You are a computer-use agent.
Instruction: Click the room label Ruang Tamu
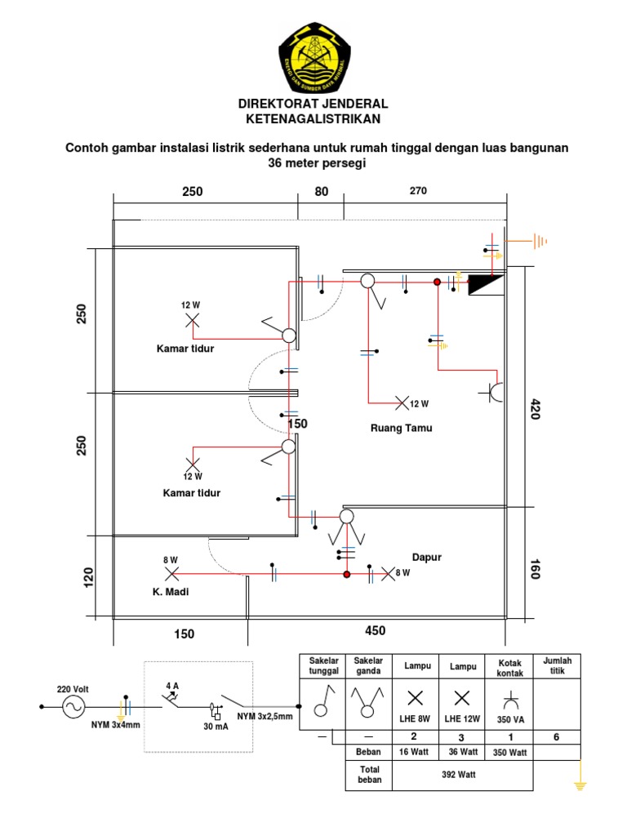tap(401, 428)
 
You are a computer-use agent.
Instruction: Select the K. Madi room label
tap(170, 592)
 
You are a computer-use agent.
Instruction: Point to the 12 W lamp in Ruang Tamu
tap(402, 402)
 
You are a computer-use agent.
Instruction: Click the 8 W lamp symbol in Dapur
tap(388, 574)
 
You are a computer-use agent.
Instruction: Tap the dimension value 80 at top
tap(321, 192)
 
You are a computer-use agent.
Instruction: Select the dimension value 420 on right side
tap(536, 409)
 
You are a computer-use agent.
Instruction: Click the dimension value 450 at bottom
tap(376, 630)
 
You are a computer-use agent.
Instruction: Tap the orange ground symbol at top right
tap(537, 241)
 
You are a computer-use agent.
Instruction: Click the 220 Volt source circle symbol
tap(73, 707)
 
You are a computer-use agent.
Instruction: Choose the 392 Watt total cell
tap(462, 775)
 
